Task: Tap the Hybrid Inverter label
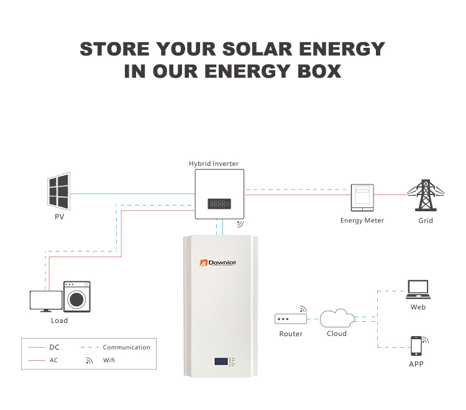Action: (214, 164)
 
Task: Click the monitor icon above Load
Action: (46, 301)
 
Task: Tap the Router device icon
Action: (291, 319)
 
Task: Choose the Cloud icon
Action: (337, 319)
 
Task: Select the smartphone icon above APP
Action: (416, 345)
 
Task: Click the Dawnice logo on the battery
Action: (217, 263)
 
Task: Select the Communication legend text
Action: (126, 347)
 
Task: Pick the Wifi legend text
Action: (109, 360)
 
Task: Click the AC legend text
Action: (54, 360)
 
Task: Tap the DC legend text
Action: (54, 347)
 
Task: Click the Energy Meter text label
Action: (362, 221)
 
